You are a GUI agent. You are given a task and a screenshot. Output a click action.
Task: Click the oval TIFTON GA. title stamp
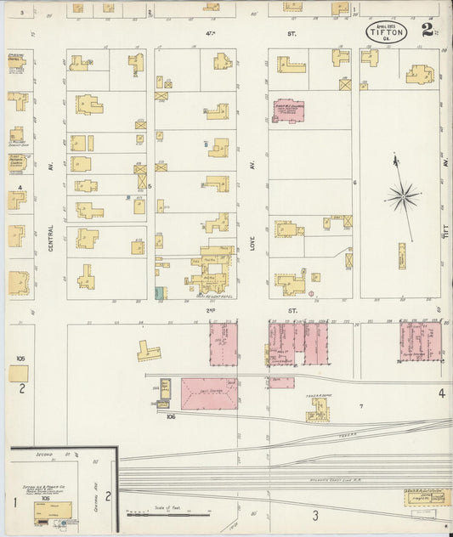[387, 31]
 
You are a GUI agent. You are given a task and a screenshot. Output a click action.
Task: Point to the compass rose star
[402, 198]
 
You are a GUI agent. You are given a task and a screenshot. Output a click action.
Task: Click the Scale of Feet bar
[167, 513]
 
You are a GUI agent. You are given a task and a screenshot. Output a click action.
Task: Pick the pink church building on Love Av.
[291, 110]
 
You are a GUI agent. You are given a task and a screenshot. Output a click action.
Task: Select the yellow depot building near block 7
[319, 410]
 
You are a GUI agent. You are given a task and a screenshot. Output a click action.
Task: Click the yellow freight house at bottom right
[428, 498]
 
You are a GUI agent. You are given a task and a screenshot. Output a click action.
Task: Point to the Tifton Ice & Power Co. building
[53, 510]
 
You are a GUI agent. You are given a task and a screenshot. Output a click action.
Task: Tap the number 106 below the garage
[171, 416]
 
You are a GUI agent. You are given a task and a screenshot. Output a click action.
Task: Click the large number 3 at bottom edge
[314, 515]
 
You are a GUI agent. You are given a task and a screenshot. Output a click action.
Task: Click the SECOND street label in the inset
[44, 455]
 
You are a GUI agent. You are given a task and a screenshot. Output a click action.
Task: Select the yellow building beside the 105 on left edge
[19, 373]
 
